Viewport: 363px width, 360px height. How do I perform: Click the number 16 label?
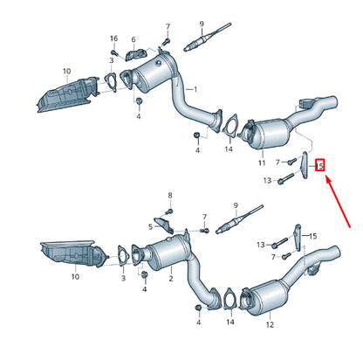pos(113,39)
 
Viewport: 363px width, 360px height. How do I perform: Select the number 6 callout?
pos(134,39)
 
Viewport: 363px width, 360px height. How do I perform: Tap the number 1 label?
pos(195,89)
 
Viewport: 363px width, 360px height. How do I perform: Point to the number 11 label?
pos(261,163)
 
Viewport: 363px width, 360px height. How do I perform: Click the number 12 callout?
pos(270,323)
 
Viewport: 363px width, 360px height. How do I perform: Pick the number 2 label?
pos(171,278)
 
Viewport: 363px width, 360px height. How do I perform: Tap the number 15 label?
pos(314,236)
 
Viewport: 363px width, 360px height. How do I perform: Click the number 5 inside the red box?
pos(320,164)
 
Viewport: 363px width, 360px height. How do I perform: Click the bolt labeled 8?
pos(170,211)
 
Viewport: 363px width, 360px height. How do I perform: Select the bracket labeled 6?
pos(134,56)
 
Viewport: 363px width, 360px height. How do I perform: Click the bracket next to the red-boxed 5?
pos(305,166)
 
